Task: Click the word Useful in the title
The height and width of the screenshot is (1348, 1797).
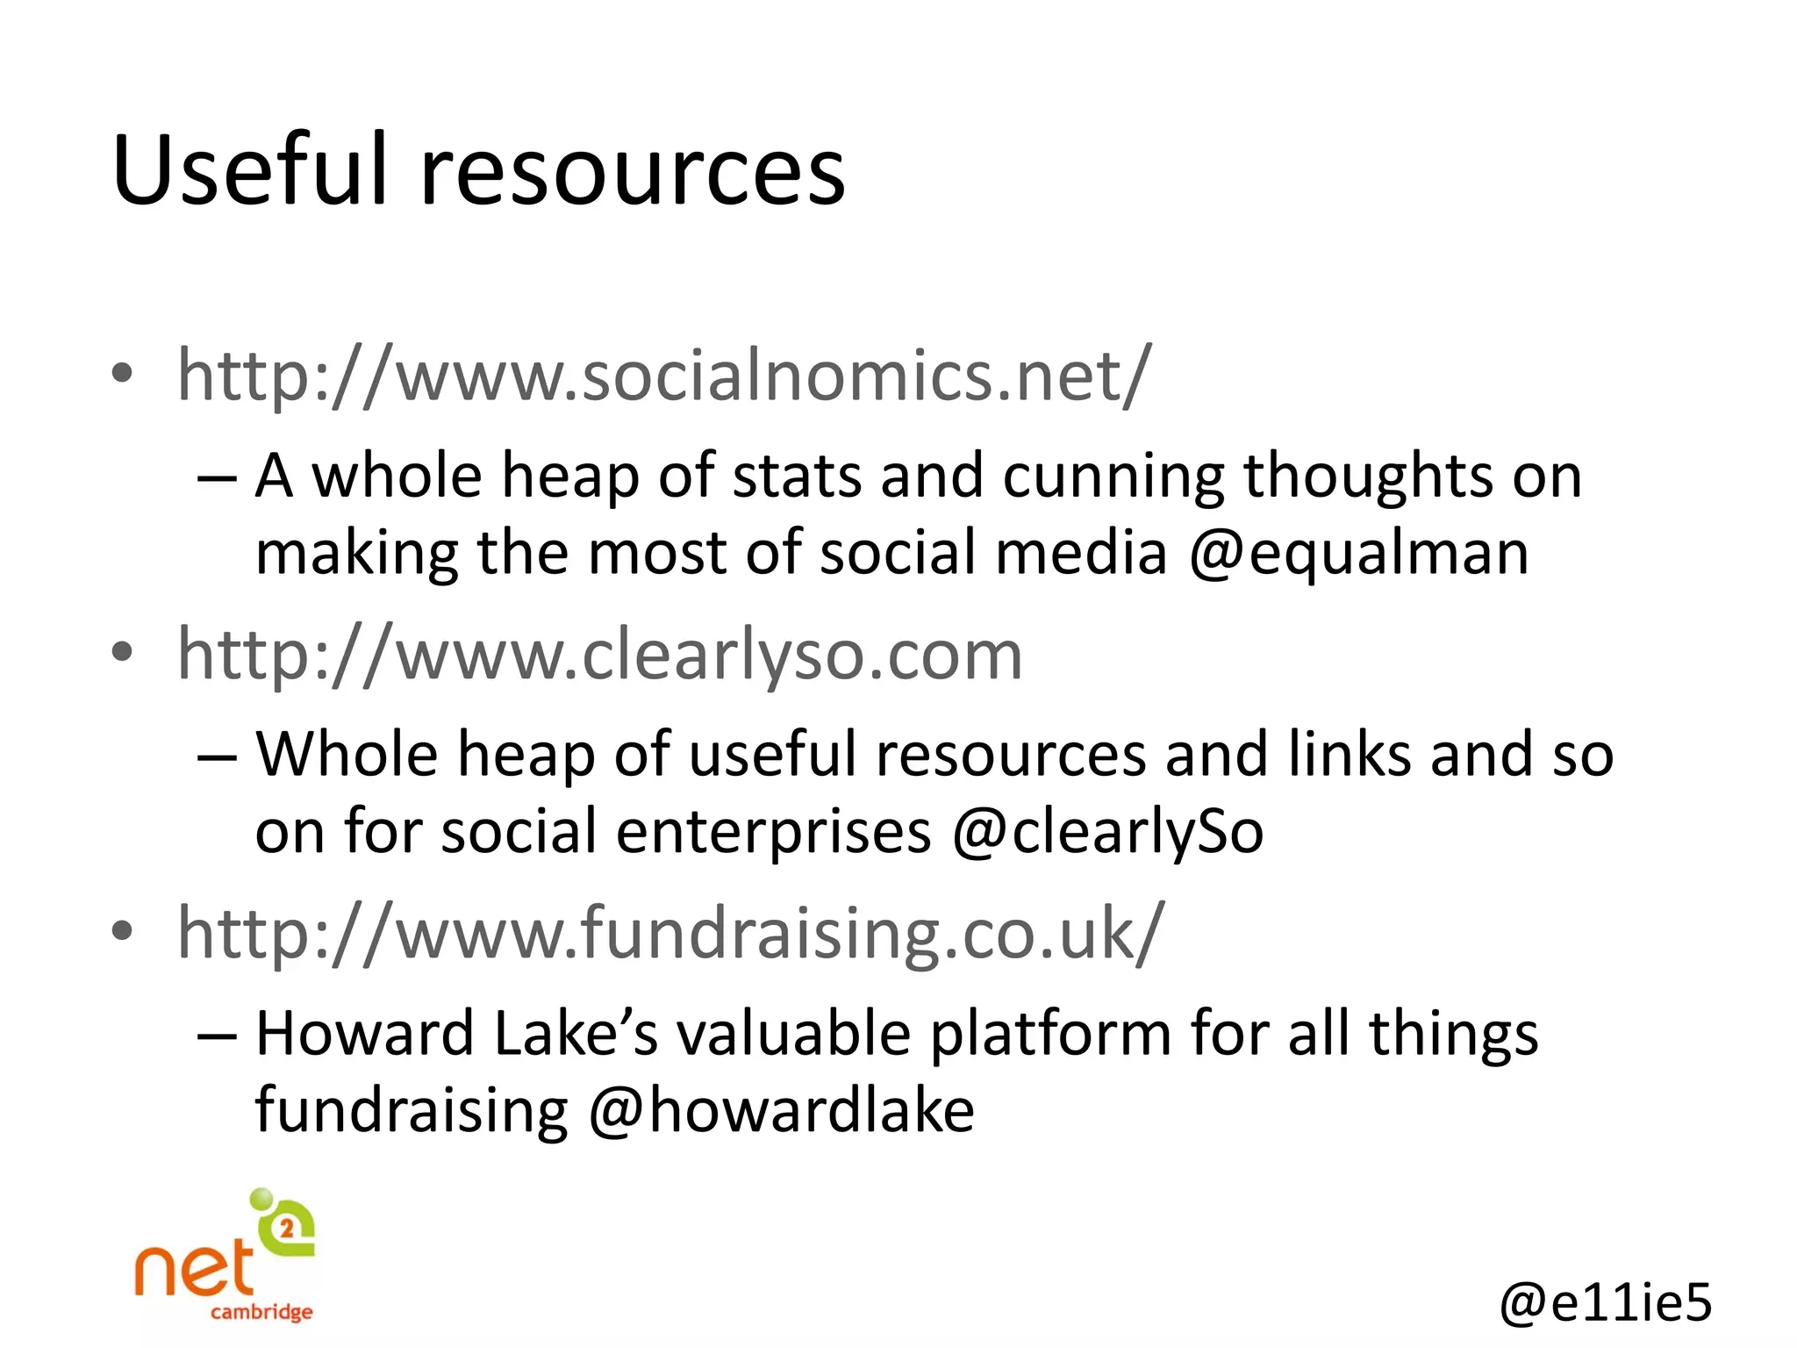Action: (250, 171)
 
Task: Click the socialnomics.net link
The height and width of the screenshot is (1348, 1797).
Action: (663, 376)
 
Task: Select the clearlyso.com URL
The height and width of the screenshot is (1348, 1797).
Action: (600, 655)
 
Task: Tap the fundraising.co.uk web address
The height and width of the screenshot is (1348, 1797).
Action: (670, 934)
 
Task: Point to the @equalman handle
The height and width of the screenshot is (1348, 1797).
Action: (1358, 554)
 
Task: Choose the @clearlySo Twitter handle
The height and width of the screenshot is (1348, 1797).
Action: (1107, 832)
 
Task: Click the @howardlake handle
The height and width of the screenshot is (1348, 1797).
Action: (781, 1111)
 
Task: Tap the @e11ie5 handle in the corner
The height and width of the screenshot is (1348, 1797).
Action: (1605, 1301)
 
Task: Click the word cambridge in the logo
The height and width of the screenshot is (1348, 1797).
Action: (261, 1312)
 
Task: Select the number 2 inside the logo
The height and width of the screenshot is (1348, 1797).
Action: (287, 1229)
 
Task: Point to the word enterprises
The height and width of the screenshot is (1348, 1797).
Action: (773, 832)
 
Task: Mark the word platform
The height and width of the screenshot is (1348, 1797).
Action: (1049, 1034)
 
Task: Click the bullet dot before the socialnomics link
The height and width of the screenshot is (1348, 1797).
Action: (123, 374)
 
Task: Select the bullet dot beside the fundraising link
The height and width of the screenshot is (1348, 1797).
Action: (123, 930)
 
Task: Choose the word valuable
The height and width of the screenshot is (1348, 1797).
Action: (794, 1034)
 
